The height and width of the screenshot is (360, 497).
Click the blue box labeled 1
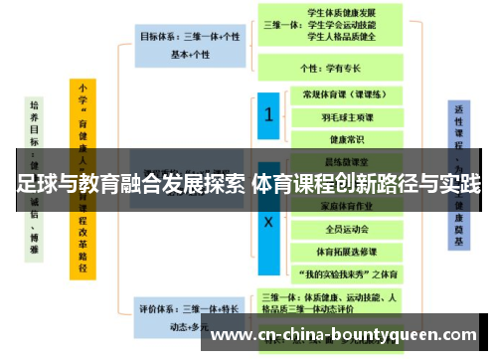click(x=267, y=116)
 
